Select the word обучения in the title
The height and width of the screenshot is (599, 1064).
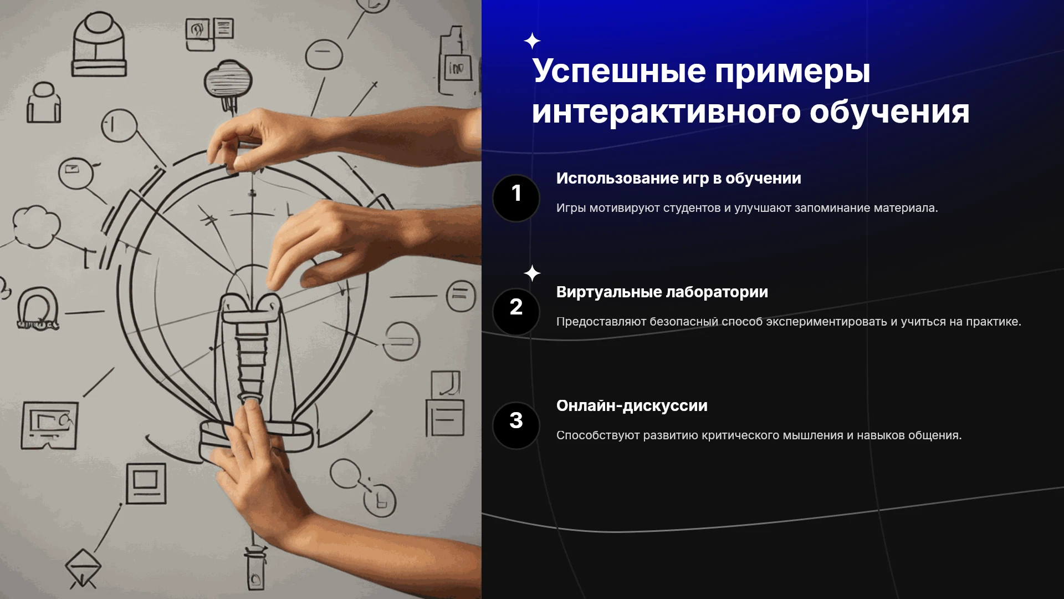pos(889,113)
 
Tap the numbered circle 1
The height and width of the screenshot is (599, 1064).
pos(516,198)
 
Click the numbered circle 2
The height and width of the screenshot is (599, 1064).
pos(516,312)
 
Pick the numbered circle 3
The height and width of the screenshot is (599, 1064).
pos(516,425)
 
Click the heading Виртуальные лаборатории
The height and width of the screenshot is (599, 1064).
pos(662,292)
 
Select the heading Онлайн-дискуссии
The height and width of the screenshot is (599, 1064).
pos(632,406)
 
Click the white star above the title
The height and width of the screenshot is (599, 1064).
pos(532,41)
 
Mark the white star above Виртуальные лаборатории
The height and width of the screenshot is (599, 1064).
pos(532,273)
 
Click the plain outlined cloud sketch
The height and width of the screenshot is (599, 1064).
pos(37,226)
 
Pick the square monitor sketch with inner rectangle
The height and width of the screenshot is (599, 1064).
pos(146,483)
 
